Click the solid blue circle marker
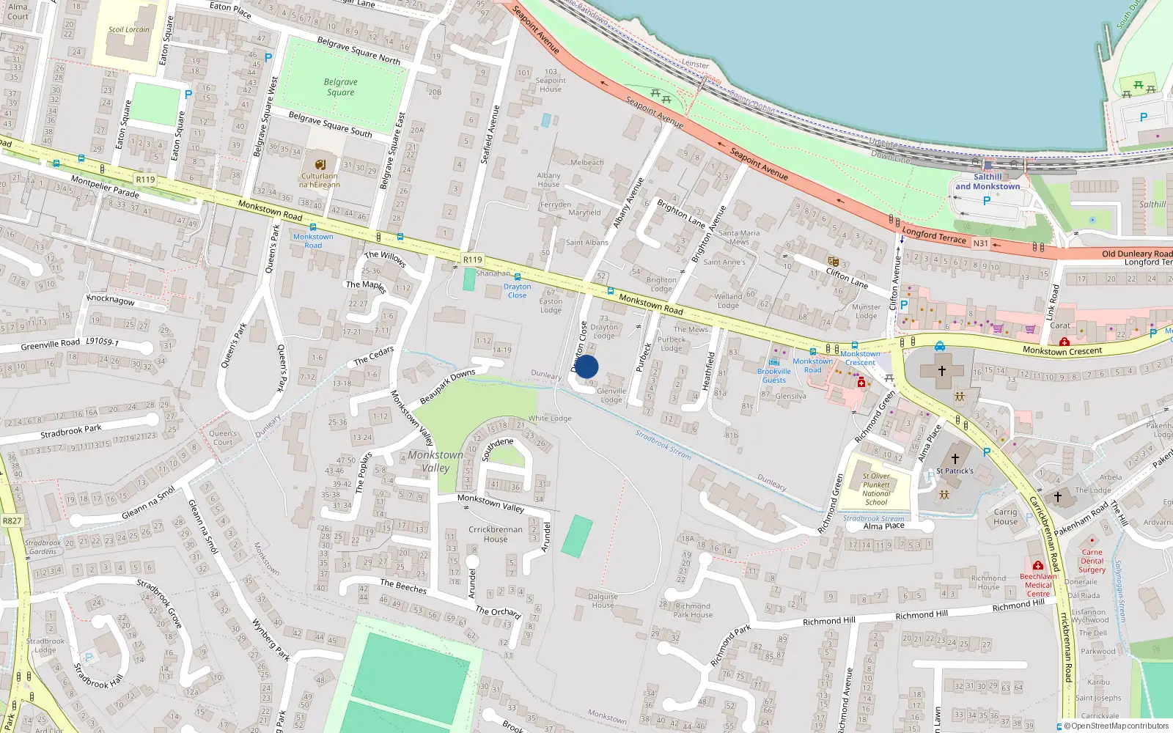(x=586, y=366)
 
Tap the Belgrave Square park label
(x=340, y=87)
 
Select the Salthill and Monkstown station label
(x=987, y=182)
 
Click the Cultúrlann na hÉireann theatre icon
(x=320, y=165)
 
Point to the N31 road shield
(x=980, y=243)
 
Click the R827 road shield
(x=12, y=520)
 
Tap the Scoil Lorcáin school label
(x=128, y=30)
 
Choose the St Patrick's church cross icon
(x=955, y=459)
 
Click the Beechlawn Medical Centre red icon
(x=1037, y=565)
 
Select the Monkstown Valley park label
(x=435, y=461)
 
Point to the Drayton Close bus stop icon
(x=518, y=277)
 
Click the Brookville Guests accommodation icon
(x=774, y=361)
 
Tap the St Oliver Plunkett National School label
(x=876, y=489)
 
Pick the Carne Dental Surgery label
(x=1092, y=561)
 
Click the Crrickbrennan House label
(x=496, y=534)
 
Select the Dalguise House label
(x=603, y=600)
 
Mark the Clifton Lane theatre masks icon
(x=833, y=261)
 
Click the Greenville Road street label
(x=51, y=345)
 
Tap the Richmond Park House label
(x=693, y=610)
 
